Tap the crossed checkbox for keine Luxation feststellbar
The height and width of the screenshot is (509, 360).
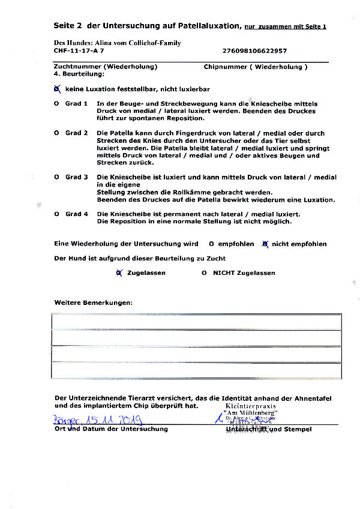click(x=57, y=89)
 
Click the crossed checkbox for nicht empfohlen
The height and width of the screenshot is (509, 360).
click(x=265, y=244)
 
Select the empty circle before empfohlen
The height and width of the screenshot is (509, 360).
click(x=212, y=244)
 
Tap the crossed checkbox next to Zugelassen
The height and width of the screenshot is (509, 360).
click(x=119, y=273)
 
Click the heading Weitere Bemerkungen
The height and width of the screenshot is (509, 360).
click(x=93, y=303)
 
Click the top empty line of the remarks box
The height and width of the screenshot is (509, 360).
click(x=196, y=322)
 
